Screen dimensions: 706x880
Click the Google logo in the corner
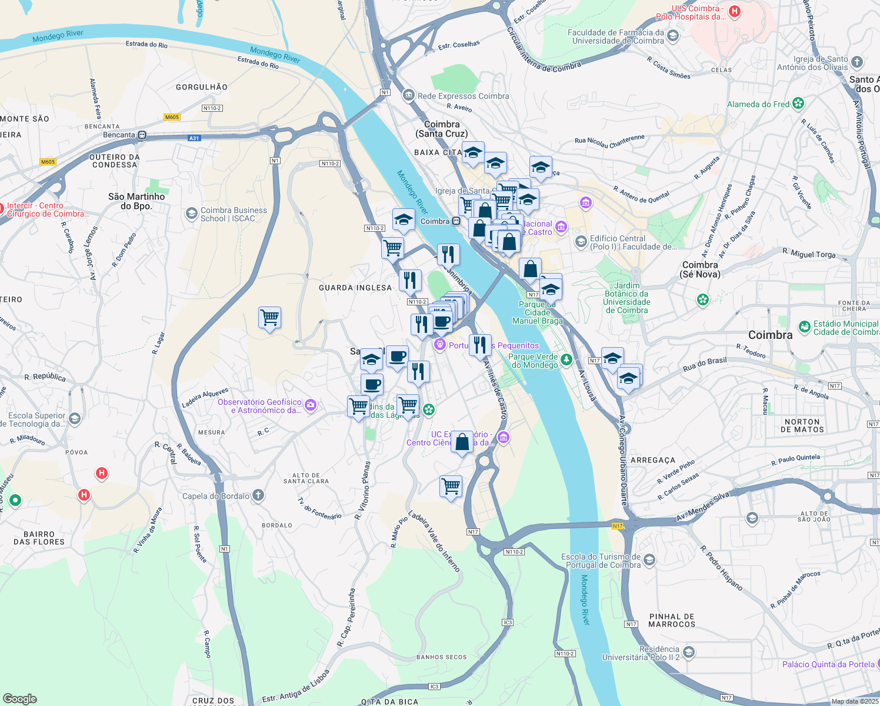pyautogui.click(x=19, y=699)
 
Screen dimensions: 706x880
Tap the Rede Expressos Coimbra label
pyautogui.click(x=463, y=96)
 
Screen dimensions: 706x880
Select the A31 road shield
pyautogui.click(x=194, y=138)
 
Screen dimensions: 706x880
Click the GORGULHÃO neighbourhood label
pyautogui.click(x=202, y=87)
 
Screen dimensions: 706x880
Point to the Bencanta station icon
pyautogui.click(x=142, y=135)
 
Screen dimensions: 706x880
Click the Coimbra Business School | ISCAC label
pyautogui.click(x=234, y=214)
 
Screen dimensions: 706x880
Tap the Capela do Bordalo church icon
pyautogui.click(x=258, y=495)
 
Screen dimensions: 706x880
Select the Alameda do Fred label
pyautogui.click(x=758, y=104)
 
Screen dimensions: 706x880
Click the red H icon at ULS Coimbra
pyautogui.click(x=734, y=11)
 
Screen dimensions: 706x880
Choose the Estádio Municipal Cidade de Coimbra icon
pyautogui.click(x=804, y=327)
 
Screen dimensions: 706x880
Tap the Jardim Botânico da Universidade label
pyautogui.click(x=626, y=298)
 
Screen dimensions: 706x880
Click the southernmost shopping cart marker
pyautogui.click(x=451, y=487)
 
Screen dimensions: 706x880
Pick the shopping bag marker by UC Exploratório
pyautogui.click(x=462, y=441)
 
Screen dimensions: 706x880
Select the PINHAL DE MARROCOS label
pyautogui.click(x=672, y=620)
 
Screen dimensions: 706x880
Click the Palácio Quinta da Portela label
pyautogui.click(x=828, y=664)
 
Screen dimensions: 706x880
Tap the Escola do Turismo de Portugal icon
pyautogui.click(x=649, y=560)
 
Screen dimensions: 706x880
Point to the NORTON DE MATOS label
pyautogui.click(x=802, y=425)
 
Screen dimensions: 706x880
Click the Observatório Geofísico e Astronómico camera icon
pyautogui.click(x=311, y=405)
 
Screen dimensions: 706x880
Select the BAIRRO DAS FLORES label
pyautogui.click(x=39, y=538)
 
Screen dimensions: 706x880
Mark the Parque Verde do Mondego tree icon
pyautogui.click(x=566, y=359)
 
